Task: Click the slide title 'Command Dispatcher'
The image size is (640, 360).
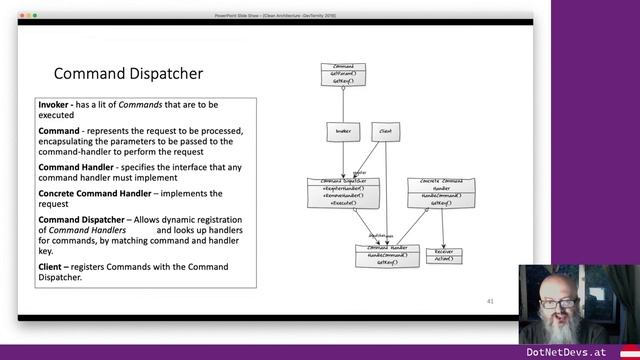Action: pos(128,73)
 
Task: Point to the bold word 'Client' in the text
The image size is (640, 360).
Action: pos(55,267)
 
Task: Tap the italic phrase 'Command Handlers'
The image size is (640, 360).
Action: pos(87,230)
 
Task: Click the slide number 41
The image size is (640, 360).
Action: pos(489,300)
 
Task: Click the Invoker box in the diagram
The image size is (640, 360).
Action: pos(343,131)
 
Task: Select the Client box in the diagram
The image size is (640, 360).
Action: pos(385,131)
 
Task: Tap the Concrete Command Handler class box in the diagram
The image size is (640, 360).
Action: pos(440,190)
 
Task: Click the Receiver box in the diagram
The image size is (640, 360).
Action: pos(443,256)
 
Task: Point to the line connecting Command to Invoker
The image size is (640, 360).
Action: pos(343,105)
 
